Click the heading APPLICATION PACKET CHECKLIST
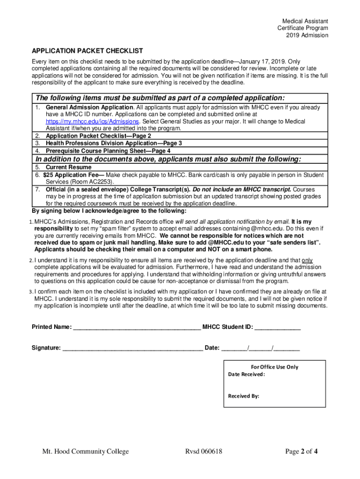click(87, 51)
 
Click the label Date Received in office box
click(246, 375)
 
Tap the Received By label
click(244, 396)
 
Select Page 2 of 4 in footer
click(302, 452)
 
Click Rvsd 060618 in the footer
click(203, 452)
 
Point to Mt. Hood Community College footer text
click(86, 452)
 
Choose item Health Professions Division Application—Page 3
click(114, 143)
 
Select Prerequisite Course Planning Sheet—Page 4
click(108, 151)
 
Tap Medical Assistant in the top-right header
click(305, 22)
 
